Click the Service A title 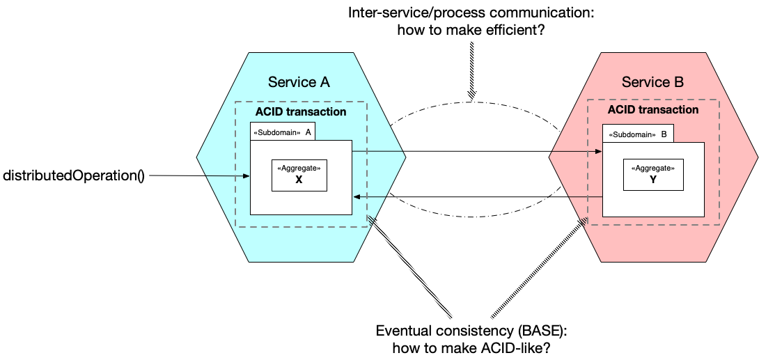coord(299,82)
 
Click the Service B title coord(652,82)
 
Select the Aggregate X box coord(299,175)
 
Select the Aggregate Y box coord(653,174)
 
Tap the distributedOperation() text coord(74,175)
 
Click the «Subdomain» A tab coord(283,132)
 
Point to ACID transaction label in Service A coord(301,112)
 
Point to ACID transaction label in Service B coord(653,110)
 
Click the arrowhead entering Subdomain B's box coord(599,152)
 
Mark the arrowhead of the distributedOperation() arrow coord(247,176)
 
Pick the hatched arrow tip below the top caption coord(472,97)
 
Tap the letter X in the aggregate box coord(299,180)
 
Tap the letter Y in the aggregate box coord(653,179)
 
